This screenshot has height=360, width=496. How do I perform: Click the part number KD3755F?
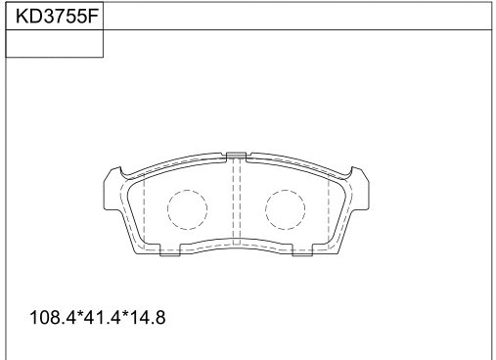(x=55, y=16)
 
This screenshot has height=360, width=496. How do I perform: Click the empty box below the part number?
(x=55, y=44)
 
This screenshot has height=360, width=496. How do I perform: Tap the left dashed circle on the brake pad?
(x=186, y=207)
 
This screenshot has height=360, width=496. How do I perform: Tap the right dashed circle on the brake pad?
(x=285, y=207)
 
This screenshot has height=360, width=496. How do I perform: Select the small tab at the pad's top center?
(x=235, y=155)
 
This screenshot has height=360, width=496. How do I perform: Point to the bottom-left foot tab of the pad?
(x=169, y=252)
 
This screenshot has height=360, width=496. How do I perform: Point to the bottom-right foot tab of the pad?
(x=301, y=252)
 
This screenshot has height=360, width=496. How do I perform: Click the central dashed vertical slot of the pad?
(x=236, y=201)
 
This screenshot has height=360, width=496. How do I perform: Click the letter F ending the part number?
(x=95, y=16)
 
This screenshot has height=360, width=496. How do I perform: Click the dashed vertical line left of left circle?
(x=144, y=210)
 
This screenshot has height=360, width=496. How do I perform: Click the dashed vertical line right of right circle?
(x=327, y=210)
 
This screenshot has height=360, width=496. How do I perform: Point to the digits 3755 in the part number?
(x=63, y=16)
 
